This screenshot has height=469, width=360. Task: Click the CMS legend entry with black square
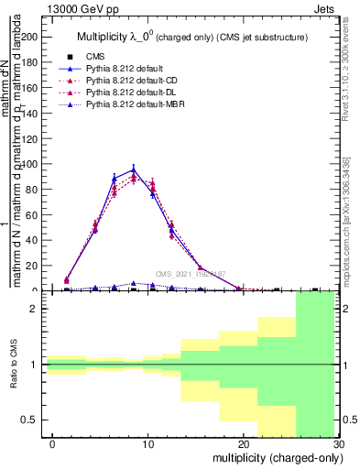(96, 57)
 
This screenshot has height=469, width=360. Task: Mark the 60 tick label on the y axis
(34, 215)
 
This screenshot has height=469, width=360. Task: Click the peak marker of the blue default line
(134, 169)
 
